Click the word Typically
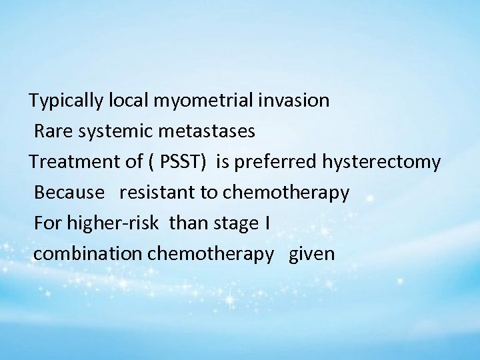point(66,101)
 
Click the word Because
point(69,193)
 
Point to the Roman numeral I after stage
point(267,223)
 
